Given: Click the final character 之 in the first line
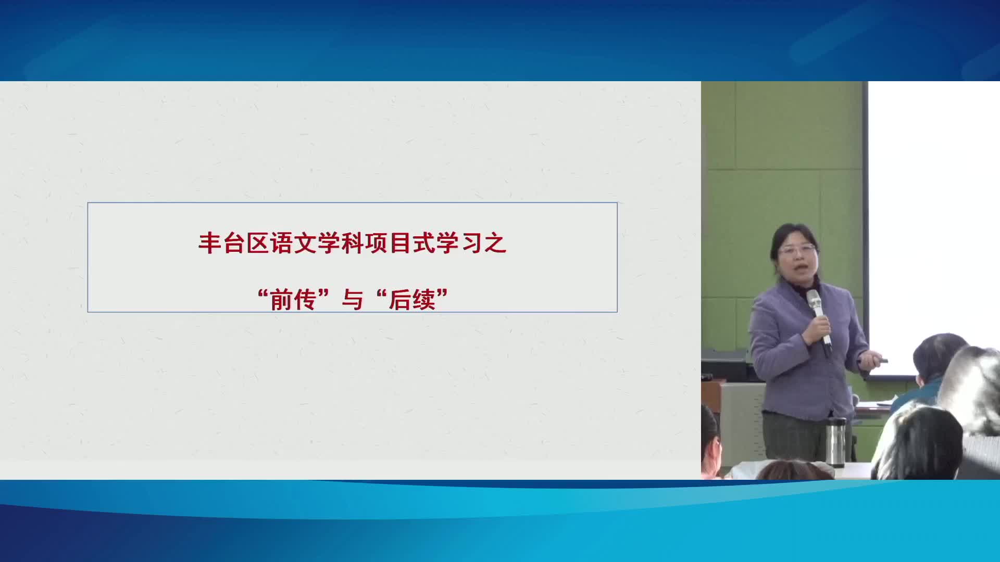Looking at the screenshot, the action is click(495, 244).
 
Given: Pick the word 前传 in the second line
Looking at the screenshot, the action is click(293, 300).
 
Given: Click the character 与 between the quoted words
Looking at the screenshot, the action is click(353, 300).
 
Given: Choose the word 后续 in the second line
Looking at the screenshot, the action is click(412, 300).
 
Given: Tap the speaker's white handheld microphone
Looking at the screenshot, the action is click(819, 317).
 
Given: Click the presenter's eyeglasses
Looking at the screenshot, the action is click(797, 250).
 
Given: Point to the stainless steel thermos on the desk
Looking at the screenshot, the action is click(836, 441).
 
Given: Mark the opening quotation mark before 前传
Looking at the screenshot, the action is click(264, 295).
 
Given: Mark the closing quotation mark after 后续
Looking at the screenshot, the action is click(442, 295).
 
